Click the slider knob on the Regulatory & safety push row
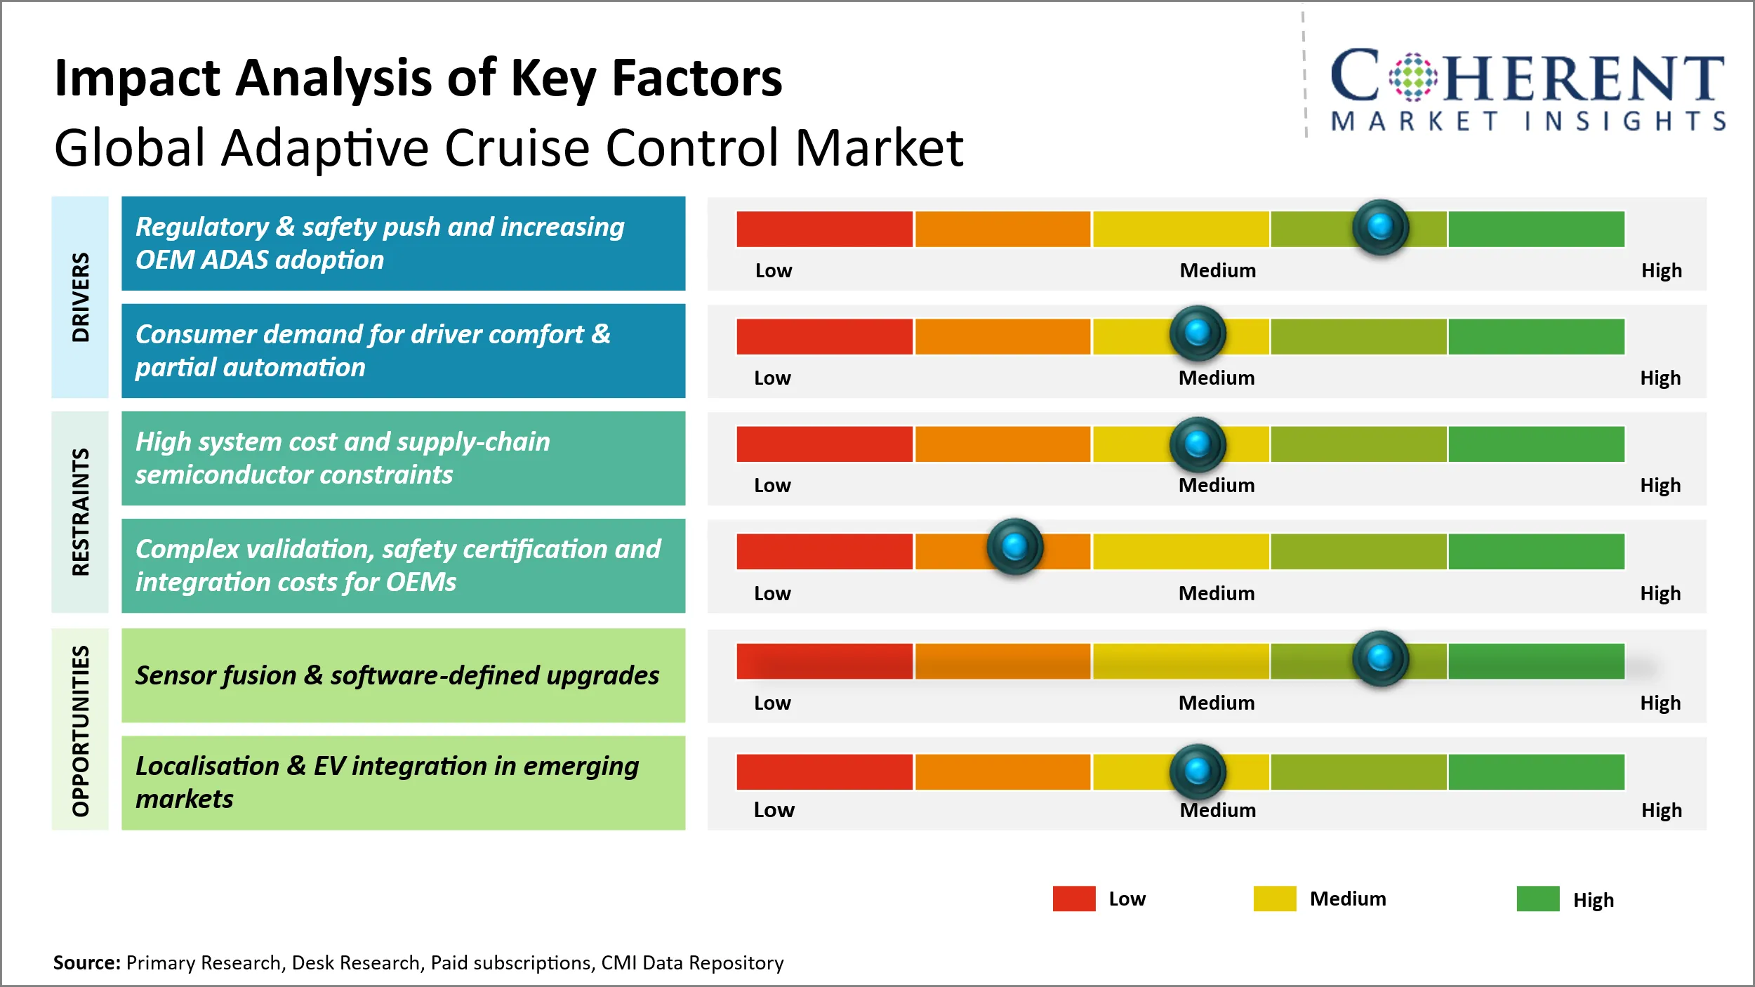pos(1380,227)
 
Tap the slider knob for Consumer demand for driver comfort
pos(1198,333)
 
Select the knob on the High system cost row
pos(1198,444)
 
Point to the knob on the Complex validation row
pos(1015,546)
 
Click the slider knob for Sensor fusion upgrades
pos(1380,658)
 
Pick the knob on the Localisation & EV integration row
pos(1198,771)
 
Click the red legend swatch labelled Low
pos(1074,899)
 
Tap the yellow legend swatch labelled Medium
pos(1275,899)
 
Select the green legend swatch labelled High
pos(1538,899)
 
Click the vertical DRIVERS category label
pos(81,297)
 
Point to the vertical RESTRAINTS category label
pos(81,512)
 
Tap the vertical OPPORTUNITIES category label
pos(81,731)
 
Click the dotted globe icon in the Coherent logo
pos(1413,77)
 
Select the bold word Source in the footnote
pos(87,962)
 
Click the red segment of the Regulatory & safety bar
pos(825,229)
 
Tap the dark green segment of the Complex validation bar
pos(1537,552)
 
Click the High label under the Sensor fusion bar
pos(1660,703)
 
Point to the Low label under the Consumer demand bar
pos(772,378)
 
